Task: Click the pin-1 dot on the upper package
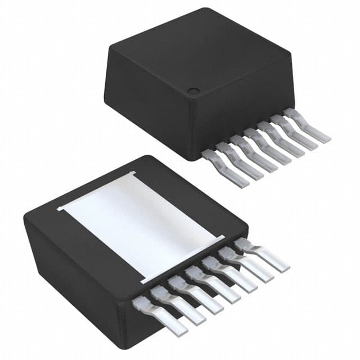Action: click(x=193, y=91)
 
